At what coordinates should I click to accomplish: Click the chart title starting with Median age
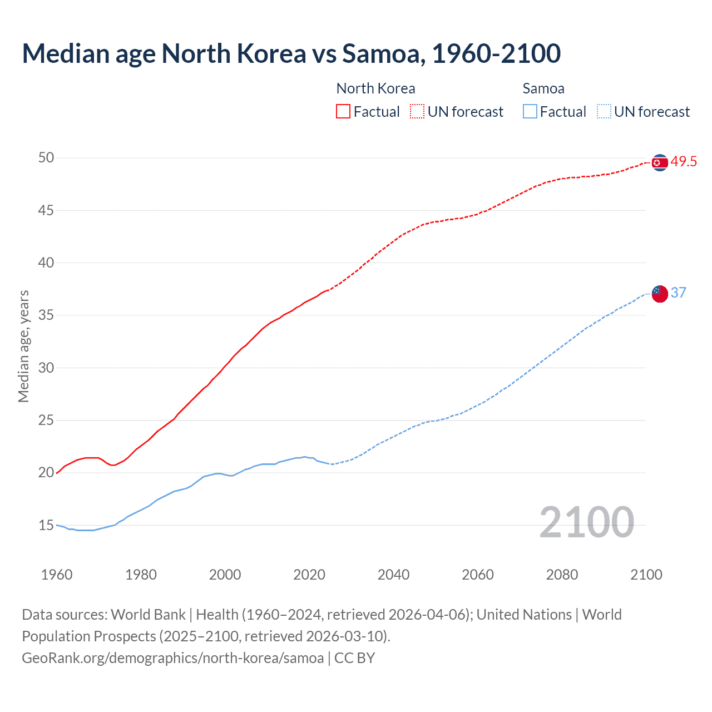[291, 53]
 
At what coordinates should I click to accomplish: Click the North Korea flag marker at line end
[659, 162]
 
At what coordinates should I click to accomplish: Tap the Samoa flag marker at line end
[659, 294]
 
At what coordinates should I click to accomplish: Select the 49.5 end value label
[684, 162]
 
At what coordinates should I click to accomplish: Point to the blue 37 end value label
[678, 293]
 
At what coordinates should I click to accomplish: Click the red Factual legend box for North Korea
[343, 112]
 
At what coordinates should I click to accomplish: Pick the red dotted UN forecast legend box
[417, 112]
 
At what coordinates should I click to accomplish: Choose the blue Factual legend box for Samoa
[530, 112]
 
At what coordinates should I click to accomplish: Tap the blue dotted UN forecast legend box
[604, 112]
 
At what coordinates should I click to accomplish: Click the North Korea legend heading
[375, 88]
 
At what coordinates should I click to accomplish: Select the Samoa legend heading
[543, 88]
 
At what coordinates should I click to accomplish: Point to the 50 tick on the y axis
[46, 158]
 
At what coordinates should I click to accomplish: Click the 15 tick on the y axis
[46, 525]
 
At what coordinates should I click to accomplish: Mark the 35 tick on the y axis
[46, 315]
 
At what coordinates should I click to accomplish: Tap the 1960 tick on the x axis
[57, 575]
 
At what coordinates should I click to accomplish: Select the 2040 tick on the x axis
[393, 575]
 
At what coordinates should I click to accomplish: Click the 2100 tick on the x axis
[646, 575]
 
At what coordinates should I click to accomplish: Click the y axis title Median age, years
[23, 346]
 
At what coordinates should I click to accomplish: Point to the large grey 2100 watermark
[586, 522]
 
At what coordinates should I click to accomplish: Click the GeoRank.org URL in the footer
[172, 658]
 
